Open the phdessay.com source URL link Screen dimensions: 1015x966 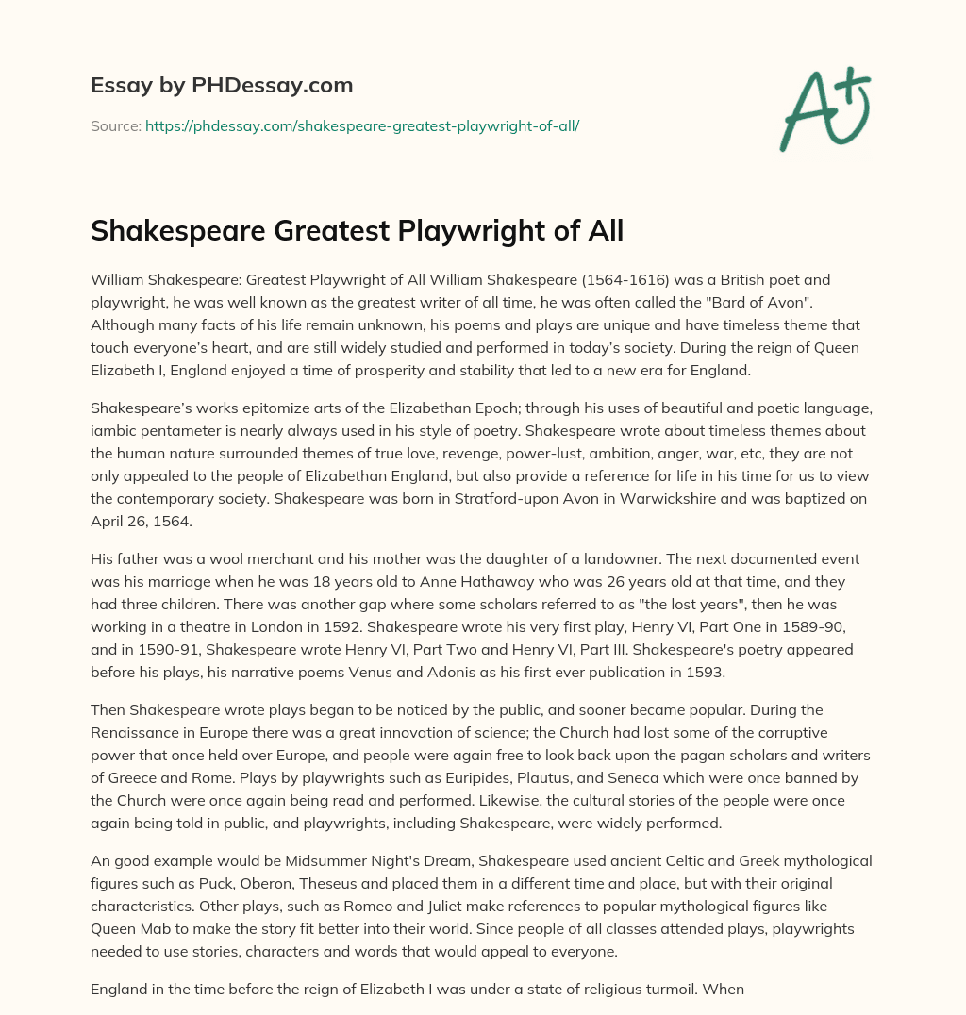coord(362,125)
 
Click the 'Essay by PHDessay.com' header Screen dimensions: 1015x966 coord(222,86)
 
